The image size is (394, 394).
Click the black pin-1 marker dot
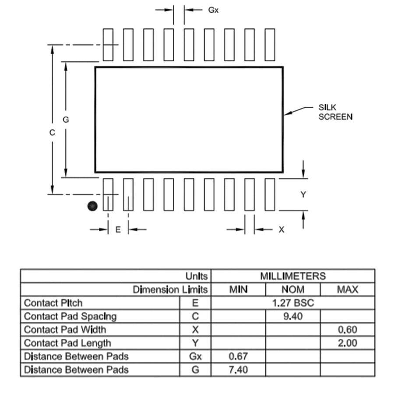point(92,206)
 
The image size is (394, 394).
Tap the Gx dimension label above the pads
point(213,10)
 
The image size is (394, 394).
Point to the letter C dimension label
point(52,132)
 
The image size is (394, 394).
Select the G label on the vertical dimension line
point(66,120)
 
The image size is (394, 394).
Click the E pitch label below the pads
point(118,229)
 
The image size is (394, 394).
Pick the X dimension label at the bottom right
point(281,229)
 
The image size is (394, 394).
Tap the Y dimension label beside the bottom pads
point(303,194)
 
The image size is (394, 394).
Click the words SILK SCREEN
point(335,112)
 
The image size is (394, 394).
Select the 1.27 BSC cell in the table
point(293,303)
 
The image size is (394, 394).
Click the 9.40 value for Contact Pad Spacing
point(293,316)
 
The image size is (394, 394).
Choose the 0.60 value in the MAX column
point(348,329)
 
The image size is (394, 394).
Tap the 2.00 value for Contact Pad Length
point(348,343)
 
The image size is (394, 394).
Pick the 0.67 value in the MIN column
point(238,356)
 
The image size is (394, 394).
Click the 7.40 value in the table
point(238,369)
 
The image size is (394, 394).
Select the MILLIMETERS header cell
point(293,276)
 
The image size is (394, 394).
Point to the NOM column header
point(293,289)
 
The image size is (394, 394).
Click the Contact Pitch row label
point(53,303)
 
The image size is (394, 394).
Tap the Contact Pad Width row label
point(65,329)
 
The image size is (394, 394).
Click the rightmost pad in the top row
point(270,45)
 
